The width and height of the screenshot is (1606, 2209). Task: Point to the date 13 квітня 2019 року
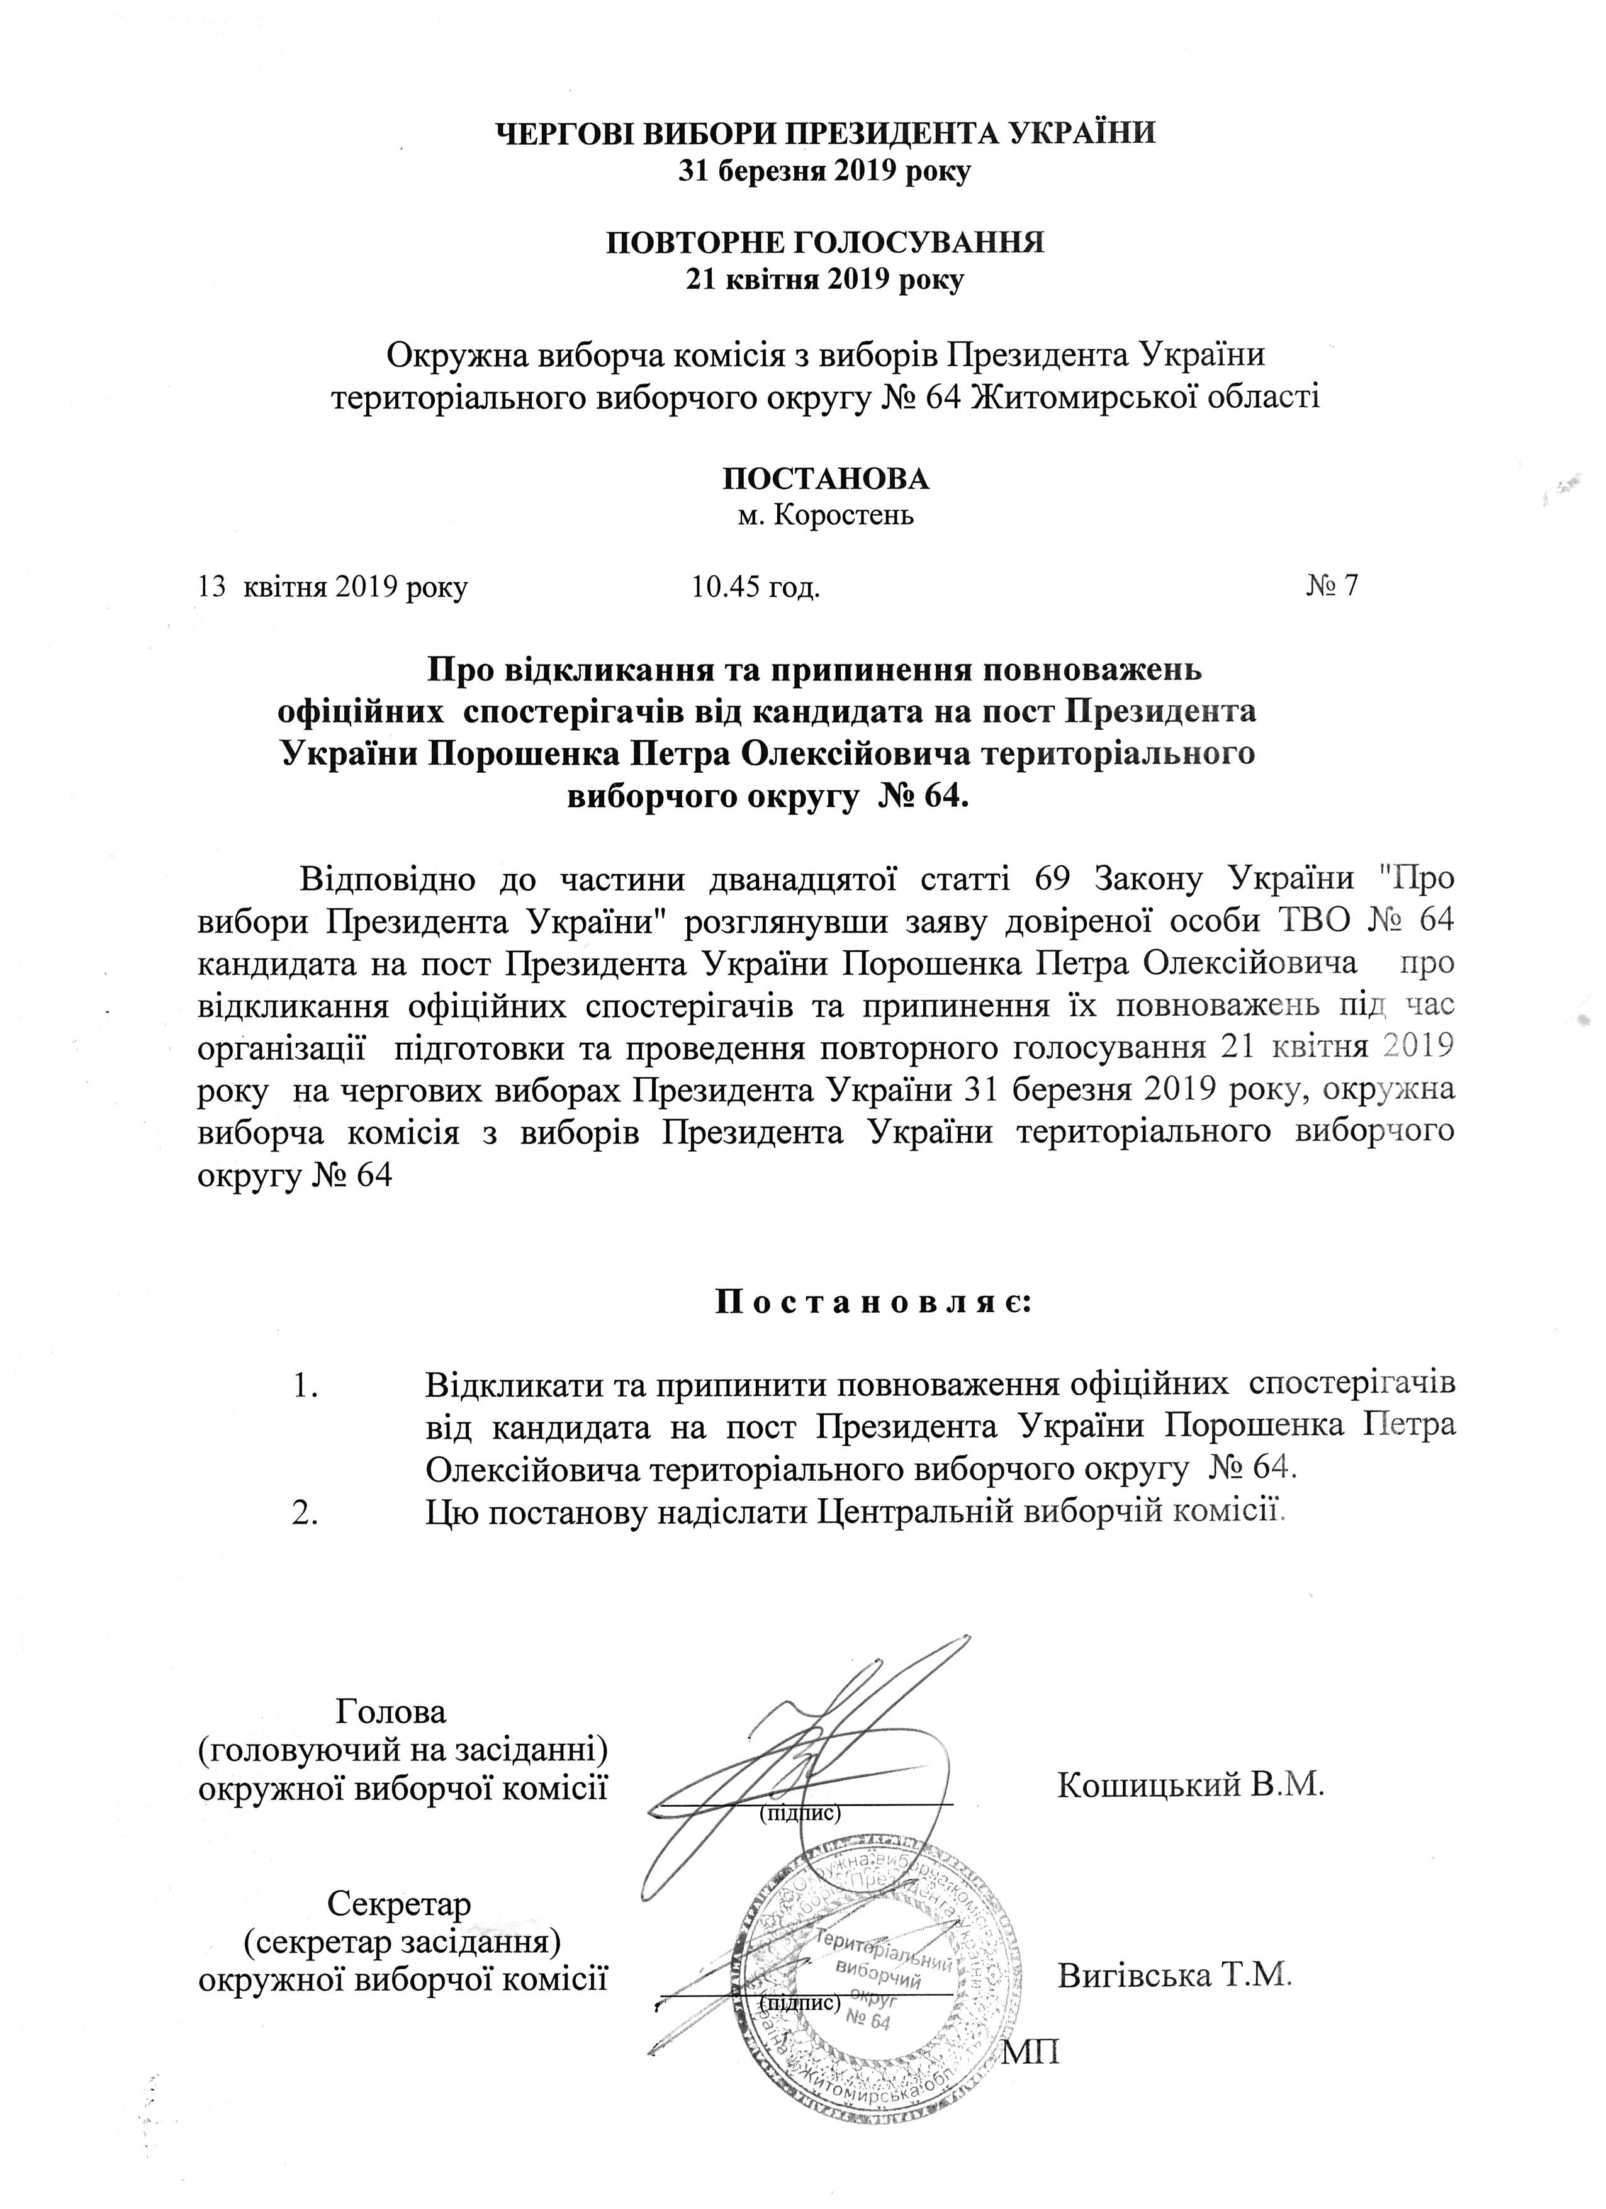click(x=332, y=587)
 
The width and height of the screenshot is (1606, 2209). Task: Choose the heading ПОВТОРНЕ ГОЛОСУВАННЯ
click(x=825, y=242)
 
